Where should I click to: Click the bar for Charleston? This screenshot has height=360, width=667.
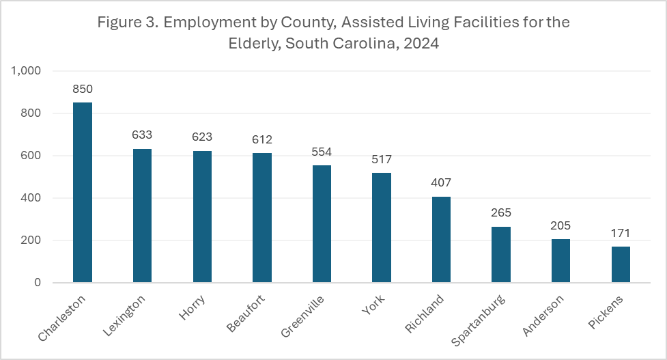point(83,193)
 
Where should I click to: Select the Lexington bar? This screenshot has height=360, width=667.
point(142,216)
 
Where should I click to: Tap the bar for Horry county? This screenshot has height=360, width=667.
point(202,217)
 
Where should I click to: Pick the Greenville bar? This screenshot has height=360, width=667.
point(322,224)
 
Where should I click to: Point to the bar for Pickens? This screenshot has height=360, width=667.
point(621,264)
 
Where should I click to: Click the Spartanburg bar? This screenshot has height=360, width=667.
point(501,255)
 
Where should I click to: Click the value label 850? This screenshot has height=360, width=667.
point(83,89)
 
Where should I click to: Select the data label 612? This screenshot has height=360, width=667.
point(262,139)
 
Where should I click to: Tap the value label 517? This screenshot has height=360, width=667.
point(382,160)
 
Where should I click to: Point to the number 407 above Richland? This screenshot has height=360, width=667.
point(441,183)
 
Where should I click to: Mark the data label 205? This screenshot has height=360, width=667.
point(560,226)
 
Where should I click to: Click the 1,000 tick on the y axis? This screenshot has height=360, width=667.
point(27,71)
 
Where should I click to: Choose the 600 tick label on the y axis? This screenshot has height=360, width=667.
point(31,156)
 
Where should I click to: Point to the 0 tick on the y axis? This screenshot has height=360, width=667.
point(38,283)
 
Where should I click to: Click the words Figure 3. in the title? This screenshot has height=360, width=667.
point(122,23)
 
